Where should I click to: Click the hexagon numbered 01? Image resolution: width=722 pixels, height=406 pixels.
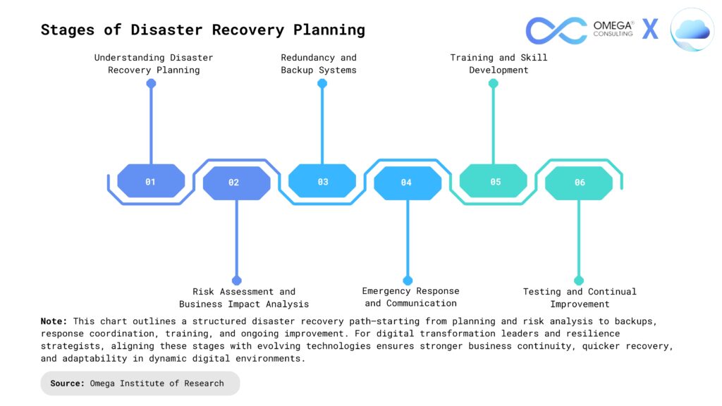(151, 181)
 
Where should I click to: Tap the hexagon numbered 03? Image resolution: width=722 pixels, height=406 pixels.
(322, 181)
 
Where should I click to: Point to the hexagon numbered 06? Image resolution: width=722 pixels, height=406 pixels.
(579, 183)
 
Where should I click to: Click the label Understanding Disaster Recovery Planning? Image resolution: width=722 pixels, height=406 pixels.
(154, 63)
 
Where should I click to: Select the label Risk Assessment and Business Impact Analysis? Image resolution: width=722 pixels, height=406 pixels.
(244, 297)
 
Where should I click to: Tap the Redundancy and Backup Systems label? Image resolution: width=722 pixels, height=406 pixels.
(319, 63)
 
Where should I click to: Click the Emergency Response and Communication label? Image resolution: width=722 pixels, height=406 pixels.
(410, 297)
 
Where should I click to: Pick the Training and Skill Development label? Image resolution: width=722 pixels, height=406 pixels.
(498, 63)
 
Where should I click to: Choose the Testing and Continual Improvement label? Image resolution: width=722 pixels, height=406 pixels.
(580, 297)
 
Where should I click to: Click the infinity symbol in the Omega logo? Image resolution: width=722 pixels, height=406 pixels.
(556, 30)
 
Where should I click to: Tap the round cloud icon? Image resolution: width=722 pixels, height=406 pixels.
(692, 30)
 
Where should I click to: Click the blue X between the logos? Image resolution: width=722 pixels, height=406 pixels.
(650, 30)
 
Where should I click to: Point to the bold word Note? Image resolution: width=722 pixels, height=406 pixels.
(54, 321)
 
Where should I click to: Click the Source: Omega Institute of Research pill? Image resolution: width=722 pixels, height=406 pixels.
(140, 383)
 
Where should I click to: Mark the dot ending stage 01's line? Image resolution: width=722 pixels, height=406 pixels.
(151, 83)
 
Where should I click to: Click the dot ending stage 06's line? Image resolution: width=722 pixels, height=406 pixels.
(579, 280)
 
